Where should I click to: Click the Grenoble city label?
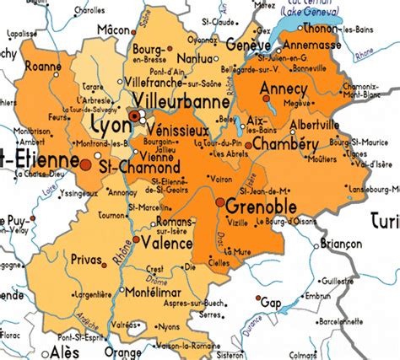(x=262, y=205)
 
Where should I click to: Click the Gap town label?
(x=271, y=302)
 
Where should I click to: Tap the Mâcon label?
(x=117, y=29)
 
